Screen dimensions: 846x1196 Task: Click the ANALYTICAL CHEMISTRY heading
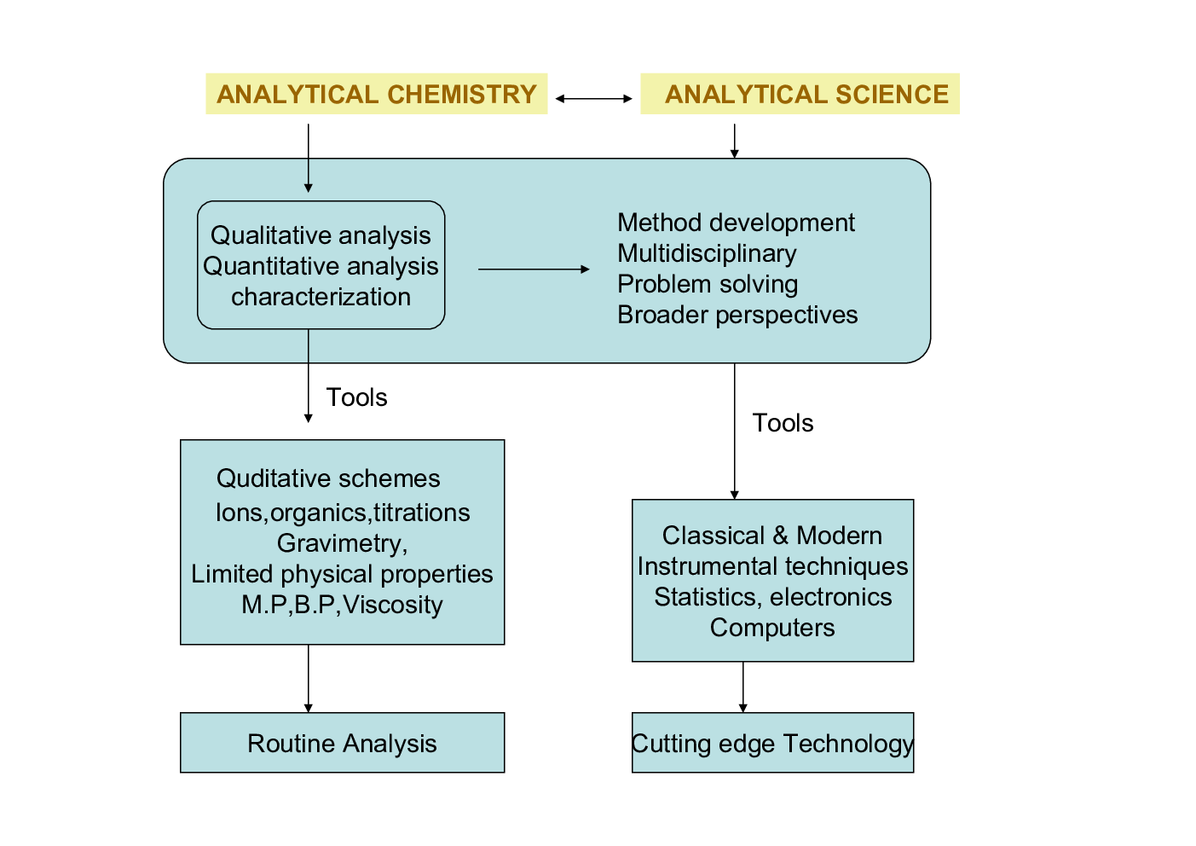376,94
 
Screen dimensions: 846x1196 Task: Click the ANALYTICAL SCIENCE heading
806,94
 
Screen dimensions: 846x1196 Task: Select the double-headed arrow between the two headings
593,99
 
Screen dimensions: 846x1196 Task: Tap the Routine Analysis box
342,743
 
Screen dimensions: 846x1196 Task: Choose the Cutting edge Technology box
772,743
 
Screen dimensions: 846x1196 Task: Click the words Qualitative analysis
321,235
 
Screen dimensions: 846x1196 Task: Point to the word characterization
321,297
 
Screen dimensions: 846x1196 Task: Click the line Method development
736,223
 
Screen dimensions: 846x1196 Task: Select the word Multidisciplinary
707,253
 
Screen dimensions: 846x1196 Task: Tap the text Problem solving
708,284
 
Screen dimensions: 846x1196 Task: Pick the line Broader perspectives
737,315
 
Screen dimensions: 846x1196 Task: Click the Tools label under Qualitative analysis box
356,397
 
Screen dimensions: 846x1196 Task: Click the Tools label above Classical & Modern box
783,423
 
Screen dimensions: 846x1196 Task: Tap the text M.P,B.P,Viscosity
342,605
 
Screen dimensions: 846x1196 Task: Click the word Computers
772,628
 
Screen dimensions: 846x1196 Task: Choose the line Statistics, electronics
772,597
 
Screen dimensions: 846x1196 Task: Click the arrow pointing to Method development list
534,269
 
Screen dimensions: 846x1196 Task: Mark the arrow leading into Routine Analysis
309,679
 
